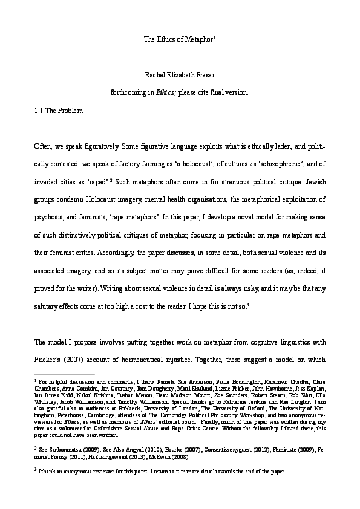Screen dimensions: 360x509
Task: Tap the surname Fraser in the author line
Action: click(x=205, y=75)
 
